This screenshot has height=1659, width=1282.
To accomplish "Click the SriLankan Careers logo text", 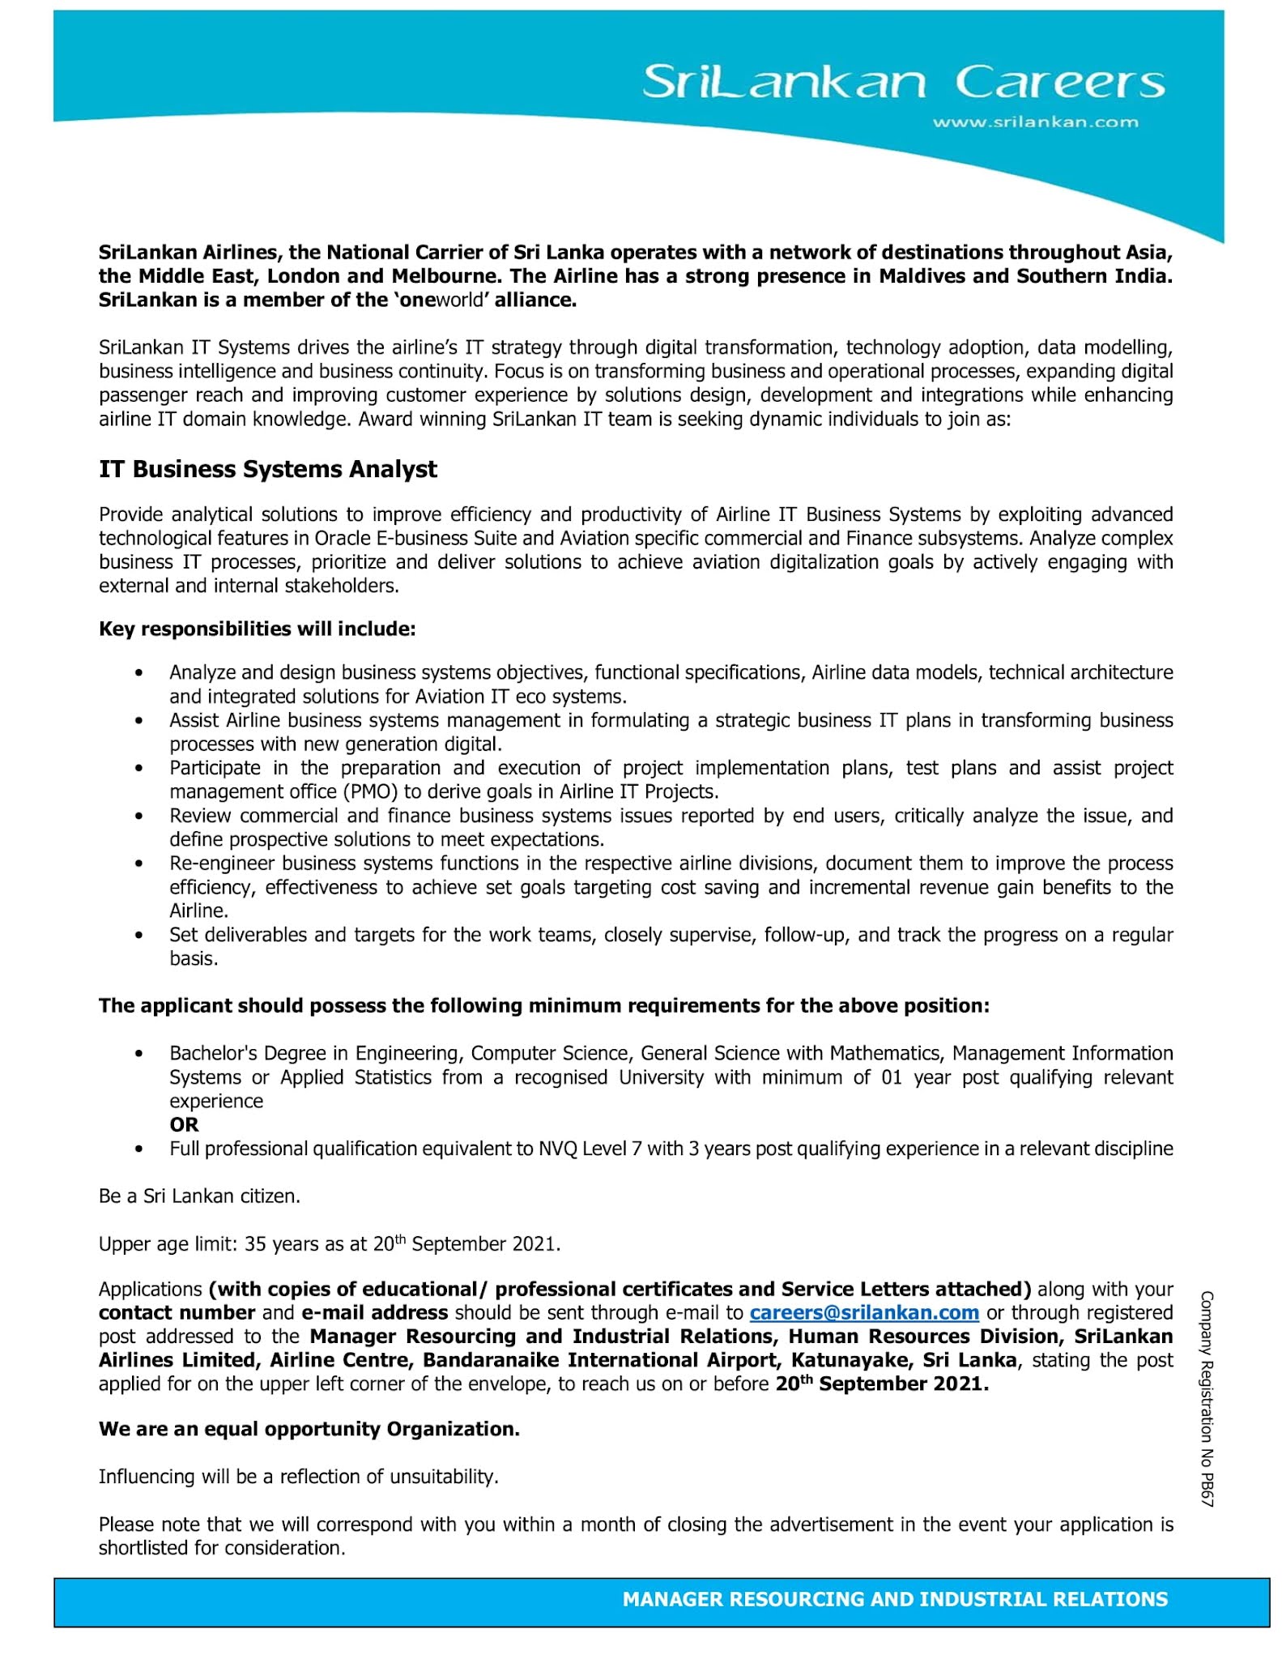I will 903,82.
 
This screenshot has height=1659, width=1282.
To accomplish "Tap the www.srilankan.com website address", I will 1035,122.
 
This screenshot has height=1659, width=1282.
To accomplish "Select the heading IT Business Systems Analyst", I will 267,469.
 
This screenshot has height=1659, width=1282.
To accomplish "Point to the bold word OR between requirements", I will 184,1124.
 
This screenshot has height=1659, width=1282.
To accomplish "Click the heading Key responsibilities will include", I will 257,629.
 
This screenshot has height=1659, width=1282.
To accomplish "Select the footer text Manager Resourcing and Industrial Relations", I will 895,1599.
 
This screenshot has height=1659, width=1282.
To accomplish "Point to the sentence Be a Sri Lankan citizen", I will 199,1196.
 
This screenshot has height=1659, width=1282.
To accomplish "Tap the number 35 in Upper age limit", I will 255,1244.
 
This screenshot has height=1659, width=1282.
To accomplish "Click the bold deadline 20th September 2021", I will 882,1384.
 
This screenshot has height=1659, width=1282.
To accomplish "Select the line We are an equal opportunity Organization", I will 309,1429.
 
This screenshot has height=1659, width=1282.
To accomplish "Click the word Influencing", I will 147,1477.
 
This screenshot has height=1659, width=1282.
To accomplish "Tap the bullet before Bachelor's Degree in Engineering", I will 139,1054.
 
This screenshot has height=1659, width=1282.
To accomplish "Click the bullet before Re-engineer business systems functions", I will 139,864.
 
